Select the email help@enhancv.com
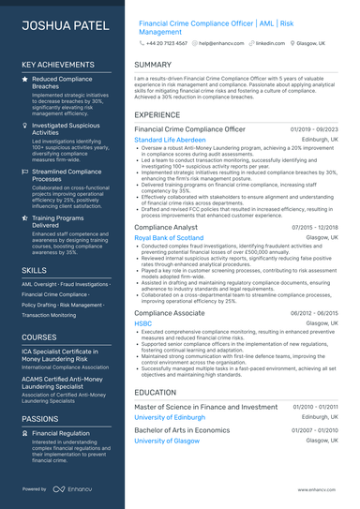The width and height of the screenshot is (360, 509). (x=216, y=43)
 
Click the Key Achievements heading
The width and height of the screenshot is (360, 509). (x=57, y=65)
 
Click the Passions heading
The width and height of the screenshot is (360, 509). (x=39, y=418)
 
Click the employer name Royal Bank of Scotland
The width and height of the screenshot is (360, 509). (x=170, y=238)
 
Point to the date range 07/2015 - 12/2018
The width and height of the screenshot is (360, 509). (x=314, y=227)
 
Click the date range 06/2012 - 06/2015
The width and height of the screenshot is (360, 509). (x=314, y=313)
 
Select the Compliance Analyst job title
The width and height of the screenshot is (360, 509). (x=166, y=227)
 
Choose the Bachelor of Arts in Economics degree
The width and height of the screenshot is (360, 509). (x=182, y=429)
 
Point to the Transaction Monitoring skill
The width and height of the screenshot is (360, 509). (x=50, y=315)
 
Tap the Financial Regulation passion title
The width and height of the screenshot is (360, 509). (x=61, y=434)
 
